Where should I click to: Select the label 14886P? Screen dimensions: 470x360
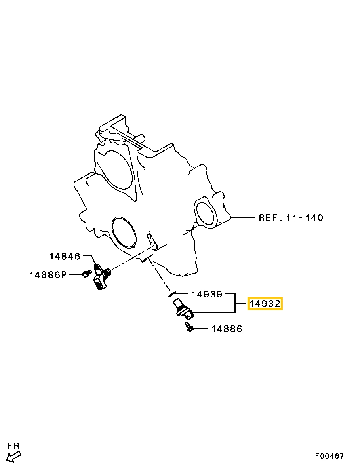coord(48,274)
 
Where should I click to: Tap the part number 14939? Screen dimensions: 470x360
coord(207,294)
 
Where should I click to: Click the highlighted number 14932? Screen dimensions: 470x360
coord(265,304)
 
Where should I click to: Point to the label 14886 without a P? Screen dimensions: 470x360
coord(227,329)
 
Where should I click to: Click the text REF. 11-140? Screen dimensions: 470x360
coord(291,217)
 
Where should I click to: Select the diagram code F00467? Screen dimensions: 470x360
coord(330,456)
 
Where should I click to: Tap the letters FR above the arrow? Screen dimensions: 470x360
coord(13,446)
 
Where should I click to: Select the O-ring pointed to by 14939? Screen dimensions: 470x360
coord(171,294)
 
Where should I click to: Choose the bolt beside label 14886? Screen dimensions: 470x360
coord(189,327)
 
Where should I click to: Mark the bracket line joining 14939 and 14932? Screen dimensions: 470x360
coord(235,304)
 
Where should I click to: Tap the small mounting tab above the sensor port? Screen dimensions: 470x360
coord(152,242)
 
